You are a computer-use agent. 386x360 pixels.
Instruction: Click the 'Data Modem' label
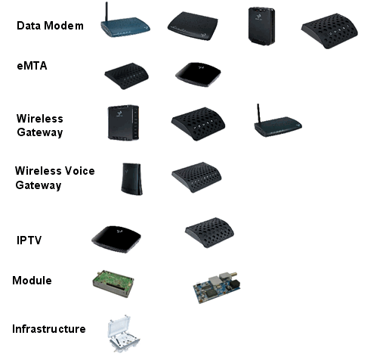[x=50, y=26]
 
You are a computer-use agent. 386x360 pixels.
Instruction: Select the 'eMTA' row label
[x=32, y=66]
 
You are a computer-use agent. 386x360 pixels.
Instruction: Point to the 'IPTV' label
[x=29, y=241]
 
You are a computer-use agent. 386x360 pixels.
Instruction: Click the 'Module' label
[x=32, y=281]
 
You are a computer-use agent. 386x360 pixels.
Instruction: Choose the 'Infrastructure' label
[x=49, y=329]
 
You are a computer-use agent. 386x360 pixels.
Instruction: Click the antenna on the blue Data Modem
[x=107, y=12]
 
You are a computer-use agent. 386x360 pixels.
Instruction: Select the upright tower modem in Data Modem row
[x=261, y=26]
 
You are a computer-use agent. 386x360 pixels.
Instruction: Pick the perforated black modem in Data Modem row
[x=329, y=31]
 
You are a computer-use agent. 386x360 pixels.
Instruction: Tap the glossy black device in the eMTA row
[x=198, y=74]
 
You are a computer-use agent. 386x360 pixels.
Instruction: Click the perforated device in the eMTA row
[x=127, y=76]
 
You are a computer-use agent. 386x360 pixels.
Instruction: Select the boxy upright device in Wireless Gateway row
[x=123, y=123]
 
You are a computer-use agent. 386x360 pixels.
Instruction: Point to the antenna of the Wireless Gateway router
[x=258, y=113]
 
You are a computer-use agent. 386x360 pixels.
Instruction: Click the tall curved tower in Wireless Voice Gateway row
[x=131, y=178]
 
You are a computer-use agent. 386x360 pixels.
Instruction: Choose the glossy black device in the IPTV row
[x=116, y=239]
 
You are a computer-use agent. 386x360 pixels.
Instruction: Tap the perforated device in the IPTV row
[x=209, y=232]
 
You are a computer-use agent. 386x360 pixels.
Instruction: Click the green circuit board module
[x=113, y=284]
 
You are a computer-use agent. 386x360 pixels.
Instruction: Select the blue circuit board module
[x=217, y=287]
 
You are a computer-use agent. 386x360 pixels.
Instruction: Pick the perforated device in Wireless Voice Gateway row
[x=196, y=177]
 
